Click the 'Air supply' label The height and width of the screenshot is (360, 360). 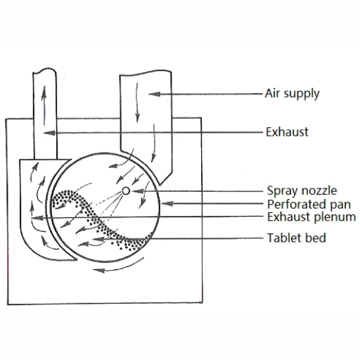tap(292, 94)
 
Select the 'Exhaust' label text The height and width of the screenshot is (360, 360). tap(287, 132)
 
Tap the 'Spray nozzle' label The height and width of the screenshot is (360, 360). tap(302, 191)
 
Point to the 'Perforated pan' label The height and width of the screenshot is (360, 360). tap(309, 204)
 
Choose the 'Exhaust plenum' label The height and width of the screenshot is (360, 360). tap(311, 217)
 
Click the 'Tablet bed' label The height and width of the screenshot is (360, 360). tap(297, 238)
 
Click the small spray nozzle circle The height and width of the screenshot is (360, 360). tap(126, 191)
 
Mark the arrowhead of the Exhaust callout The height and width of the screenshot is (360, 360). tap(49, 133)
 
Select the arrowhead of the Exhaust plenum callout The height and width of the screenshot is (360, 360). tap(37, 218)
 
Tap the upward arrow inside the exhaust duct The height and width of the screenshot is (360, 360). tap(44, 105)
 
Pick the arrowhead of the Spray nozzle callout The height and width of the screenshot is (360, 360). tap(138, 191)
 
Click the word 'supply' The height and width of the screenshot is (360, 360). tap(302, 94)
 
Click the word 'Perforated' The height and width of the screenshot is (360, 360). tap(296, 204)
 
